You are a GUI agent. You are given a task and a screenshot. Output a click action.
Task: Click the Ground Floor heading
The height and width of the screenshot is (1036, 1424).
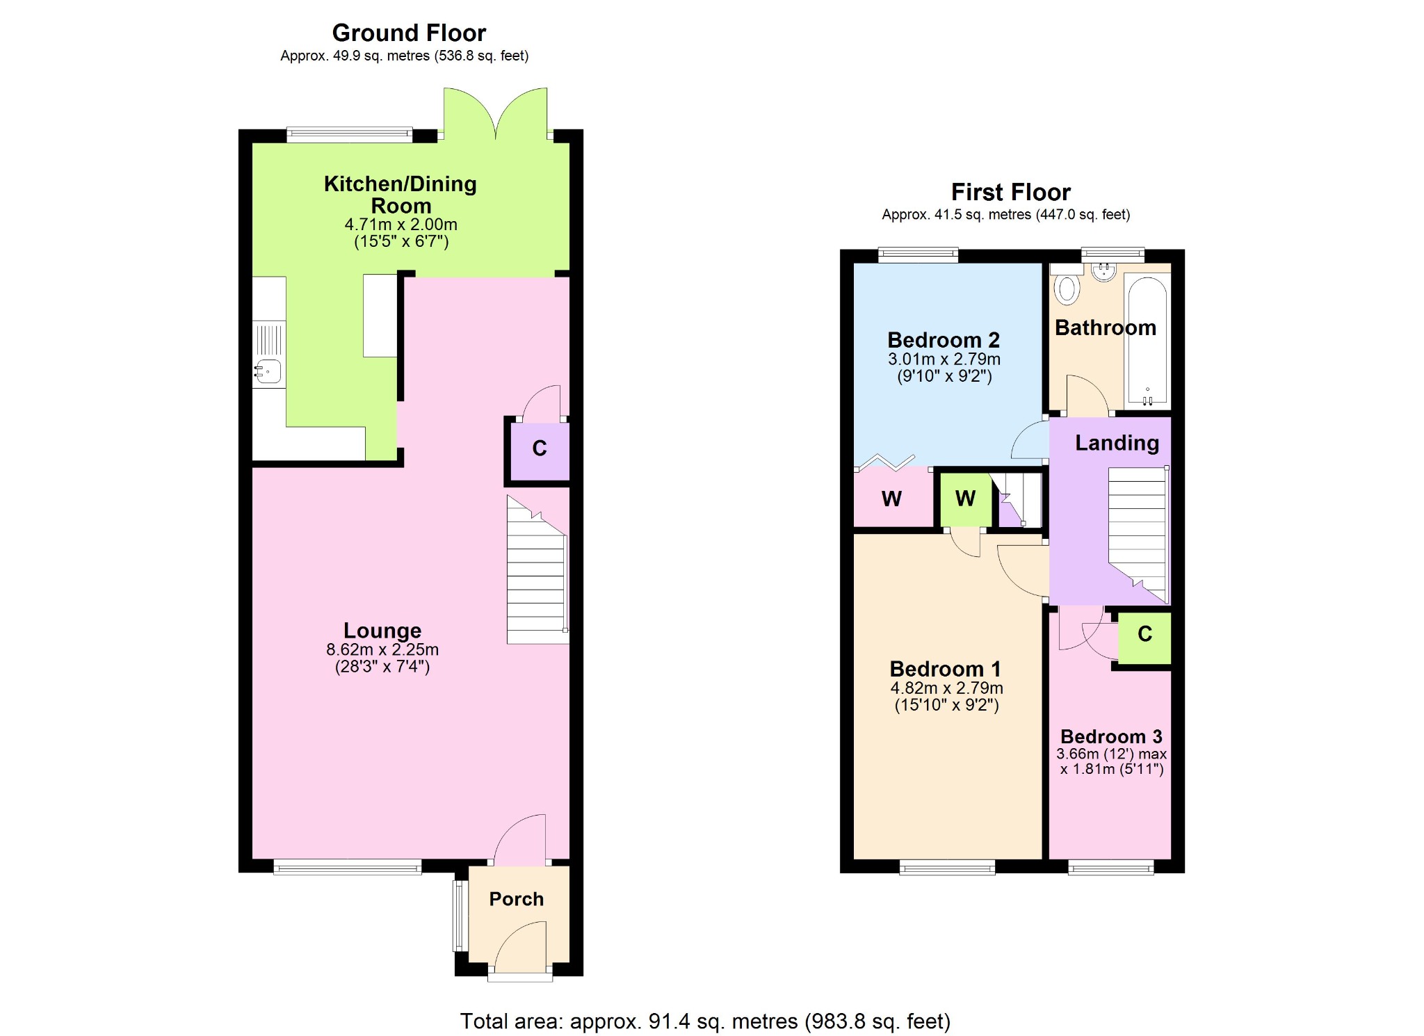[409, 33]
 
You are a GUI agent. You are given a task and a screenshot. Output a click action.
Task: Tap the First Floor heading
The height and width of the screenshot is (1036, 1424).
[1010, 192]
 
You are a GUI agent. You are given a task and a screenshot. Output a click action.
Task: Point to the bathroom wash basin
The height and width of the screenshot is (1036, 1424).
[1103, 272]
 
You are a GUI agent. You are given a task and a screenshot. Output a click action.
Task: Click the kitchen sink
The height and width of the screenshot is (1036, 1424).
[268, 371]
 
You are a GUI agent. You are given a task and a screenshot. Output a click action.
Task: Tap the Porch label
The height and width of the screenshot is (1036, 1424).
[516, 899]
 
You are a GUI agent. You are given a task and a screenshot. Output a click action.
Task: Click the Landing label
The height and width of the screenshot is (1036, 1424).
[1117, 443]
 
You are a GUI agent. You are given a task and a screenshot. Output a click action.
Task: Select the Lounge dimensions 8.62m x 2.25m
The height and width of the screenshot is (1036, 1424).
[382, 649]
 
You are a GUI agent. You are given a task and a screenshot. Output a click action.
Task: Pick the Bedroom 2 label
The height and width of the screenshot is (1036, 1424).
[944, 340]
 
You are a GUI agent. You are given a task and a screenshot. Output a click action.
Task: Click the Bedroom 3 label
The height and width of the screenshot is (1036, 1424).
[1111, 736]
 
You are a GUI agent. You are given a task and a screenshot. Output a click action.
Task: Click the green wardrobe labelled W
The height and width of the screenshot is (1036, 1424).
[965, 500]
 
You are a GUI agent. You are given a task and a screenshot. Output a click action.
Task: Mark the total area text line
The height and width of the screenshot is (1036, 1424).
[705, 1021]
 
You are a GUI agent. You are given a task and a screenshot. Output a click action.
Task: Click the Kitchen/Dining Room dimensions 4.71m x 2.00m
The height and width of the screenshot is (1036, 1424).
[401, 225]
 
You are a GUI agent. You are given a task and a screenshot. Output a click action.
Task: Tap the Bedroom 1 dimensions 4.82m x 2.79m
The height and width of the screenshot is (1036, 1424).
[946, 688]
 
